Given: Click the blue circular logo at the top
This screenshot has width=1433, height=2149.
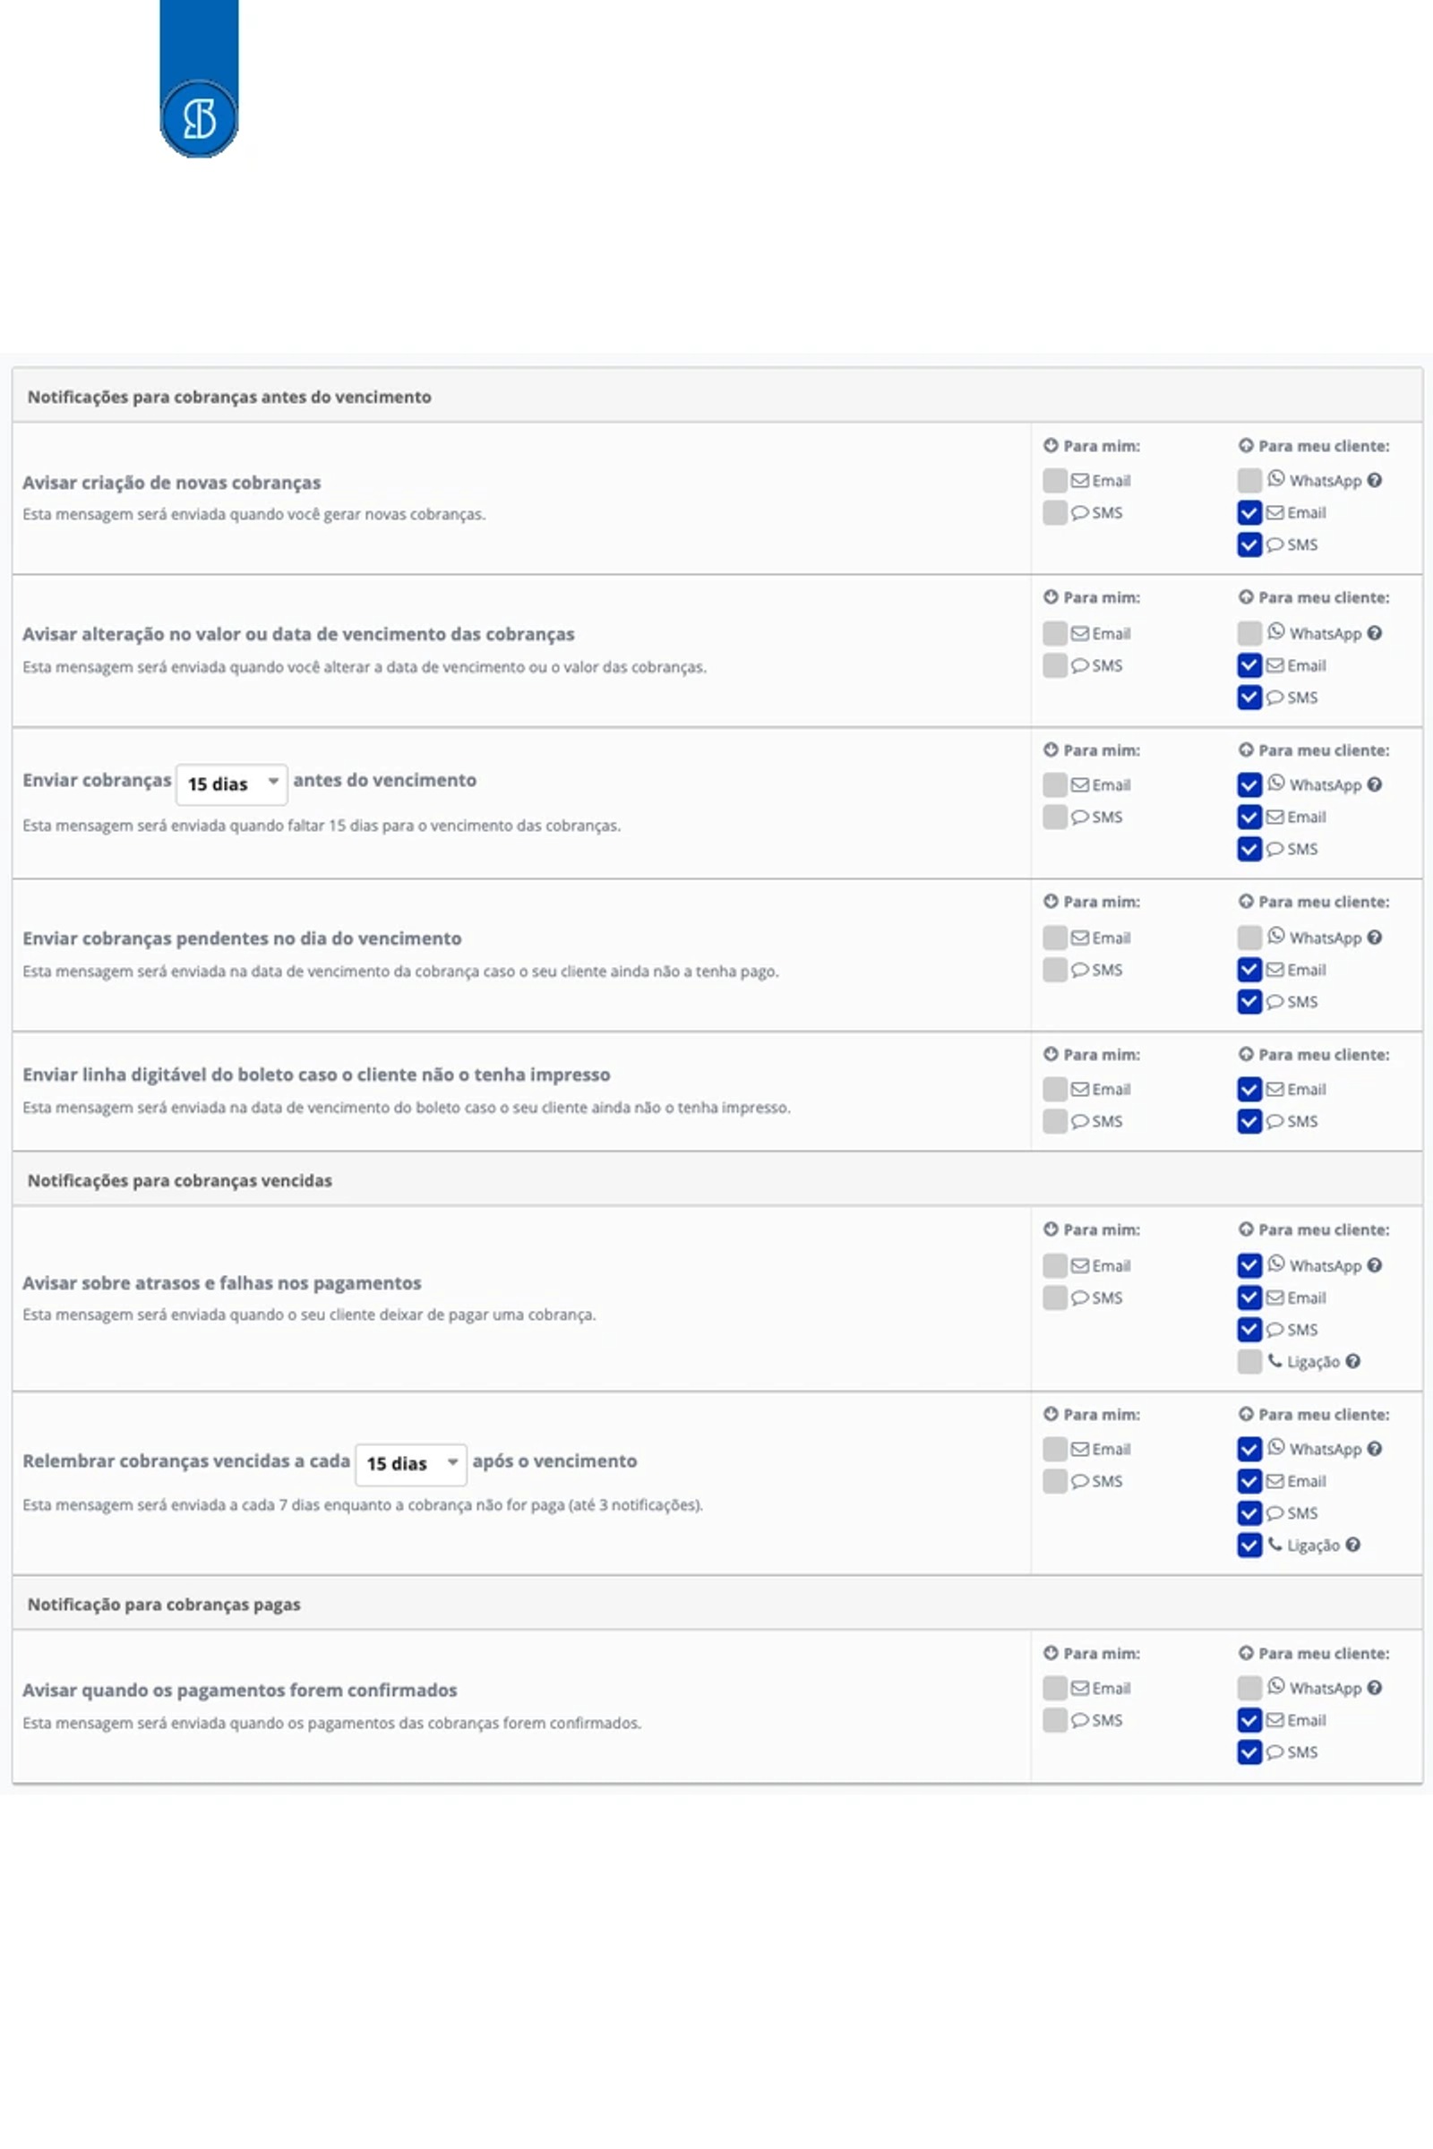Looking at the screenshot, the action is pyautogui.click(x=199, y=119).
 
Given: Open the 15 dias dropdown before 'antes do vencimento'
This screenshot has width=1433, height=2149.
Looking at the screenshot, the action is pyautogui.click(x=231, y=784).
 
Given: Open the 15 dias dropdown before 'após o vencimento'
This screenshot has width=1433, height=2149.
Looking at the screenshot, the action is pyautogui.click(x=410, y=1464).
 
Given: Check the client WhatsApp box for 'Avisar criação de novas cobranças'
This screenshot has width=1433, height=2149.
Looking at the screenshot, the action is pyautogui.click(x=1249, y=481).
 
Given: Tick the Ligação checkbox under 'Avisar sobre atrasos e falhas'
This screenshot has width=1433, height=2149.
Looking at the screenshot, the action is pyautogui.click(x=1249, y=1361).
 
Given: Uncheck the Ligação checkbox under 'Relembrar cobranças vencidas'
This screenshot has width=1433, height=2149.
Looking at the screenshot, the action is pyautogui.click(x=1249, y=1545).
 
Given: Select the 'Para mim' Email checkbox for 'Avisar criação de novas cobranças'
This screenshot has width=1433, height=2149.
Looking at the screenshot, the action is pyautogui.click(x=1055, y=481).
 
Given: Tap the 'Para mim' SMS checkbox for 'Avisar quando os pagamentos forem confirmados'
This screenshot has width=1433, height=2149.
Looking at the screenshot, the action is pyautogui.click(x=1055, y=1719).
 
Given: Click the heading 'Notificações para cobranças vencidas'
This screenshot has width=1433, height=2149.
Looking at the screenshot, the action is pyautogui.click(x=179, y=1180).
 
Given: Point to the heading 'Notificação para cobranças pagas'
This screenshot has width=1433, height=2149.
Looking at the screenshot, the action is pyautogui.click(x=164, y=1605).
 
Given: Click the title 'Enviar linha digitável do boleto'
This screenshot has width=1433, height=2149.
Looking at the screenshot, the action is pyautogui.click(x=316, y=1074).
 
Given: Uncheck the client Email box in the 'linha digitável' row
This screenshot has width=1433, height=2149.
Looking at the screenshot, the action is pyautogui.click(x=1249, y=1089).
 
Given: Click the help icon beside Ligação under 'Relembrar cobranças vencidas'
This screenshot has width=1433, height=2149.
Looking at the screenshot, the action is pyautogui.click(x=1352, y=1545).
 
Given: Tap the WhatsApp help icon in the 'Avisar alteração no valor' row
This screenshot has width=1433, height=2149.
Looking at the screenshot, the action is pyautogui.click(x=1375, y=633).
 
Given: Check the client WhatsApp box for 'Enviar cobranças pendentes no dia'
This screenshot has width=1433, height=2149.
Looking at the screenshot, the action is pyautogui.click(x=1249, y=938).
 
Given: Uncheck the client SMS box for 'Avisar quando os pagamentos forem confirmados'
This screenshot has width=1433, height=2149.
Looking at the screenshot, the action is pyautogui.click(x=1249, y=1751).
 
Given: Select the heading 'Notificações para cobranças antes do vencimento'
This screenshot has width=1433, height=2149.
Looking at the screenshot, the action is pyautogui.click(x=229, y=397).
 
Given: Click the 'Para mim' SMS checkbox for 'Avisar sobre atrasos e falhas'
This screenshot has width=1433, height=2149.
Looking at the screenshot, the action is pyautogui.click(x=1055, y=1297).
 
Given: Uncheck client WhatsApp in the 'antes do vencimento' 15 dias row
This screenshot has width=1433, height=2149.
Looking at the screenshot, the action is pyautogui.click(x=1249, y=785).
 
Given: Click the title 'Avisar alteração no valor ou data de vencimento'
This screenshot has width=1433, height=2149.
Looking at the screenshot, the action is pyautogui.click(x=299, y=634).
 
